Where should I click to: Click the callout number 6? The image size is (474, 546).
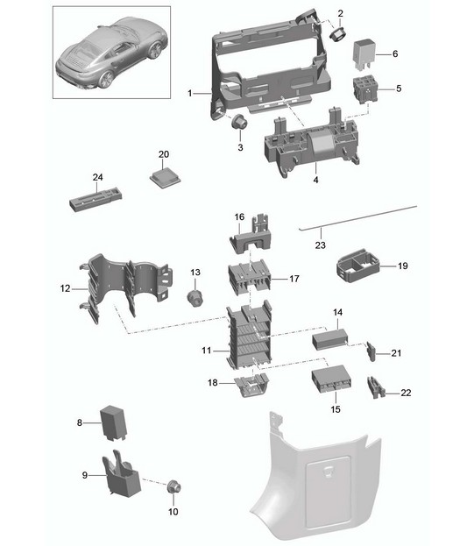pos(395,54)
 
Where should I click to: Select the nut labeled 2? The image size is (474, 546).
pos(336,34)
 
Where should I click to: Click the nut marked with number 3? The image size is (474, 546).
pos(240,122)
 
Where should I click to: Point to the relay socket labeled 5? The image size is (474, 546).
pos(365,90)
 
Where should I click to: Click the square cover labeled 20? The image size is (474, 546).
pos(165,177)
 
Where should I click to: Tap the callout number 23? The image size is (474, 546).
pos(320,245)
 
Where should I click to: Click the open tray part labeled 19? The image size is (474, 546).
pos(358,265)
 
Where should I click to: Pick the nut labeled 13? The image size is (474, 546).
pos(195,297)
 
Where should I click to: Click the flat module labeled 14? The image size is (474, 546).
pos(330,339)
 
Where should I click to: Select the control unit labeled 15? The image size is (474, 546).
pos(331,379)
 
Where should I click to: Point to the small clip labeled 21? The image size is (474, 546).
pos(371,352)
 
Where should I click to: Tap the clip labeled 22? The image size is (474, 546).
pos(376,387)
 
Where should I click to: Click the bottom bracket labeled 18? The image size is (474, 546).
pos(251,385)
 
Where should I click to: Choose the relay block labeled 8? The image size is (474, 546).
pos(113,422)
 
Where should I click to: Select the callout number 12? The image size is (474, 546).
pos(65,288)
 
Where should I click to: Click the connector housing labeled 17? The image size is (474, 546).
pos(249,277)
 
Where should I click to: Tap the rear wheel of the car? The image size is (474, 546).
pos(106,80)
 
